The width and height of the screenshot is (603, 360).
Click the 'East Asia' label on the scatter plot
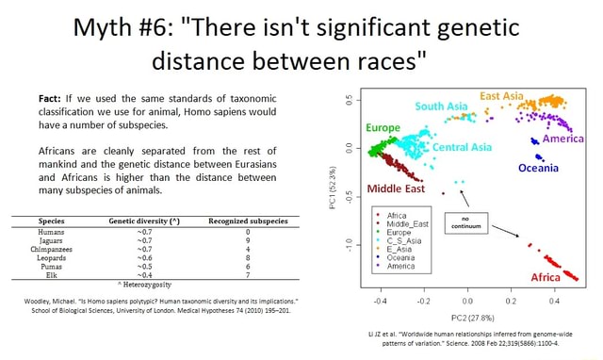501,96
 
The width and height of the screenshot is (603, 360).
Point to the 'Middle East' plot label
395,188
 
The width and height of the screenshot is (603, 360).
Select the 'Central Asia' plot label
462,147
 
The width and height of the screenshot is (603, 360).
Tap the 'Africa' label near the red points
546,278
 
